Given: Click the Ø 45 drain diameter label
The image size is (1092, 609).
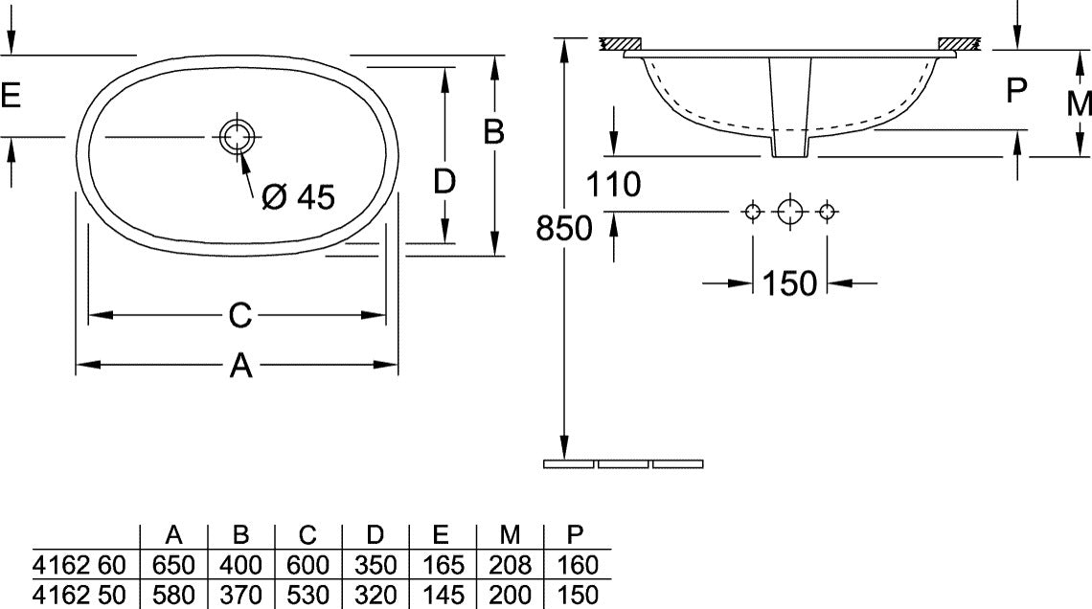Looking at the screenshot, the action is (298, 197).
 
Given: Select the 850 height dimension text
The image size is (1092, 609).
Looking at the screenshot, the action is (564, 228).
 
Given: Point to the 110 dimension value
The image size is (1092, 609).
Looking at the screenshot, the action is (613, 185).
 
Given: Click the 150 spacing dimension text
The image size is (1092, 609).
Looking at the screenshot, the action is (789, 283).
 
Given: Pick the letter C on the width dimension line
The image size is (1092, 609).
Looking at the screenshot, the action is (239, 315).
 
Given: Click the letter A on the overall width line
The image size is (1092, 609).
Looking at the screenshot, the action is (240, 365).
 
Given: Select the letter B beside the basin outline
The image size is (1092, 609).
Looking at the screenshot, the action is (493, 131).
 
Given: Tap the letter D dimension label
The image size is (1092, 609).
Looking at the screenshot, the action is (444, 182).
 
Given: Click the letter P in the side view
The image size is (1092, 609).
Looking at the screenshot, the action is (1016, 90).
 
